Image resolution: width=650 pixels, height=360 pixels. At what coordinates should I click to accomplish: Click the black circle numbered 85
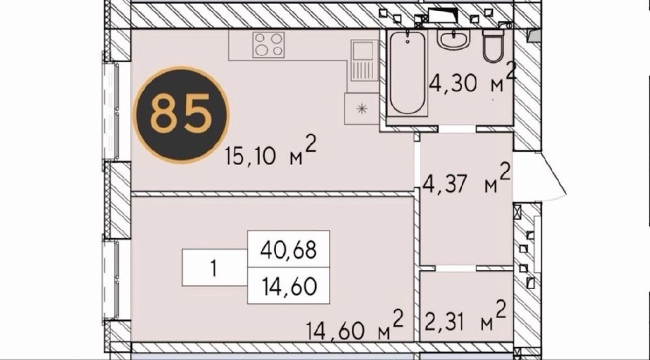181,114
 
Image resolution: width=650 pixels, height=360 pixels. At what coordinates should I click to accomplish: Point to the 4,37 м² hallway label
465,179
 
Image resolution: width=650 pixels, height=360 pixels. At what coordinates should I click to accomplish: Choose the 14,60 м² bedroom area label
354,325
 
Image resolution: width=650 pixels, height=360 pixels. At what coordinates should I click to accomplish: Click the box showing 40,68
289,249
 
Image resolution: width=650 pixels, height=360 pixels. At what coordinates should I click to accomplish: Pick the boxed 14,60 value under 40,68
289,286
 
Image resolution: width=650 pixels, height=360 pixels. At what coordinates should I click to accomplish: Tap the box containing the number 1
214,268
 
